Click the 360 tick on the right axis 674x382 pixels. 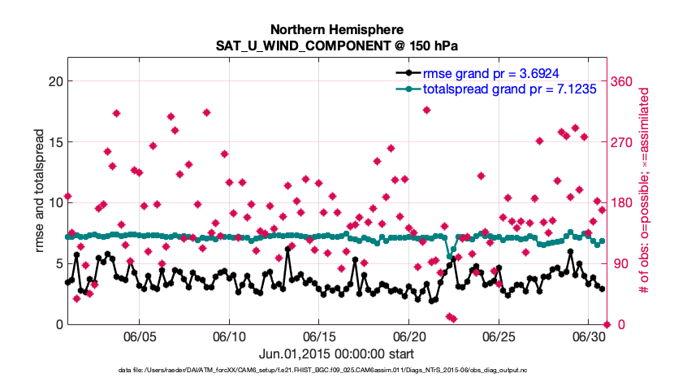624,81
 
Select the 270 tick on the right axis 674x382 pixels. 624,142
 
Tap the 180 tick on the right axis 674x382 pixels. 624,202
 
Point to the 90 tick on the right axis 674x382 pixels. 621,263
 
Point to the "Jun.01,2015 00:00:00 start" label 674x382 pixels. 336,354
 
